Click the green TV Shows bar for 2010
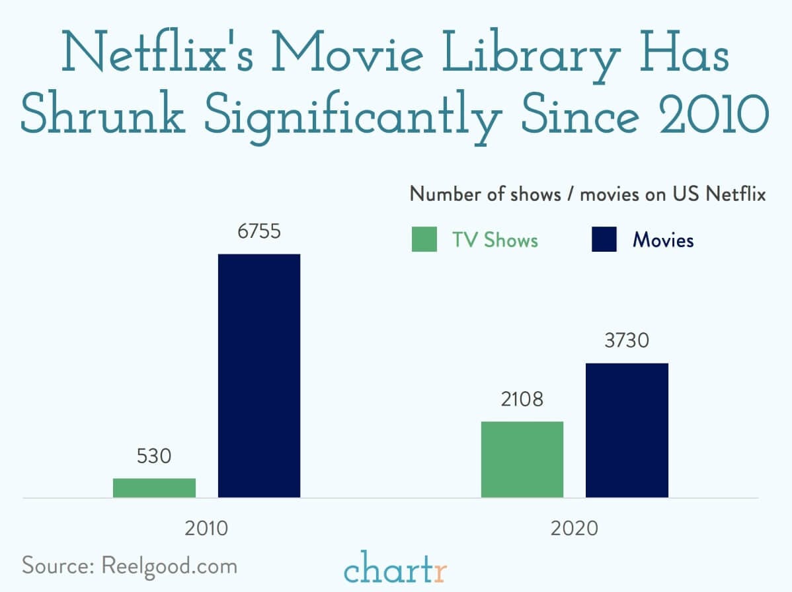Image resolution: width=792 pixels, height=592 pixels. tap(154, 488)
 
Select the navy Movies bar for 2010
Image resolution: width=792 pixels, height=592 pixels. tap(259, 375)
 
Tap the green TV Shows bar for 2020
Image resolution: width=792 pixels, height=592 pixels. tap(522, 459)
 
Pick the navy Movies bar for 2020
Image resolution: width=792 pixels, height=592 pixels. tap(627, 430)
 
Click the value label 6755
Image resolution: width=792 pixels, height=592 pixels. tap(259, 232)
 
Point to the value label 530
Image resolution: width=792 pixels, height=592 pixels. tap(154, 456)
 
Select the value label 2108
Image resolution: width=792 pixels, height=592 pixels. tap(522, 399)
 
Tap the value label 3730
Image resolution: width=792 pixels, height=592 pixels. tap(627, 341)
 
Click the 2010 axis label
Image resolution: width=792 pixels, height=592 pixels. tap(206, 529)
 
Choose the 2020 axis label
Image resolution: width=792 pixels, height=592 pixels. tap(574, 529)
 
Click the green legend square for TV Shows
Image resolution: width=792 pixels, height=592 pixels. tap(424, 239)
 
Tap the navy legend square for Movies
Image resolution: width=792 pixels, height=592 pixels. tap(604, 239)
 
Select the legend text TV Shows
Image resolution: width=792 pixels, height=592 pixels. tap(495, 239)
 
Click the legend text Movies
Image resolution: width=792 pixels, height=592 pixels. tap(663, 239)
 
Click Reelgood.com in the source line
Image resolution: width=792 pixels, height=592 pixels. tap(169, 566)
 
